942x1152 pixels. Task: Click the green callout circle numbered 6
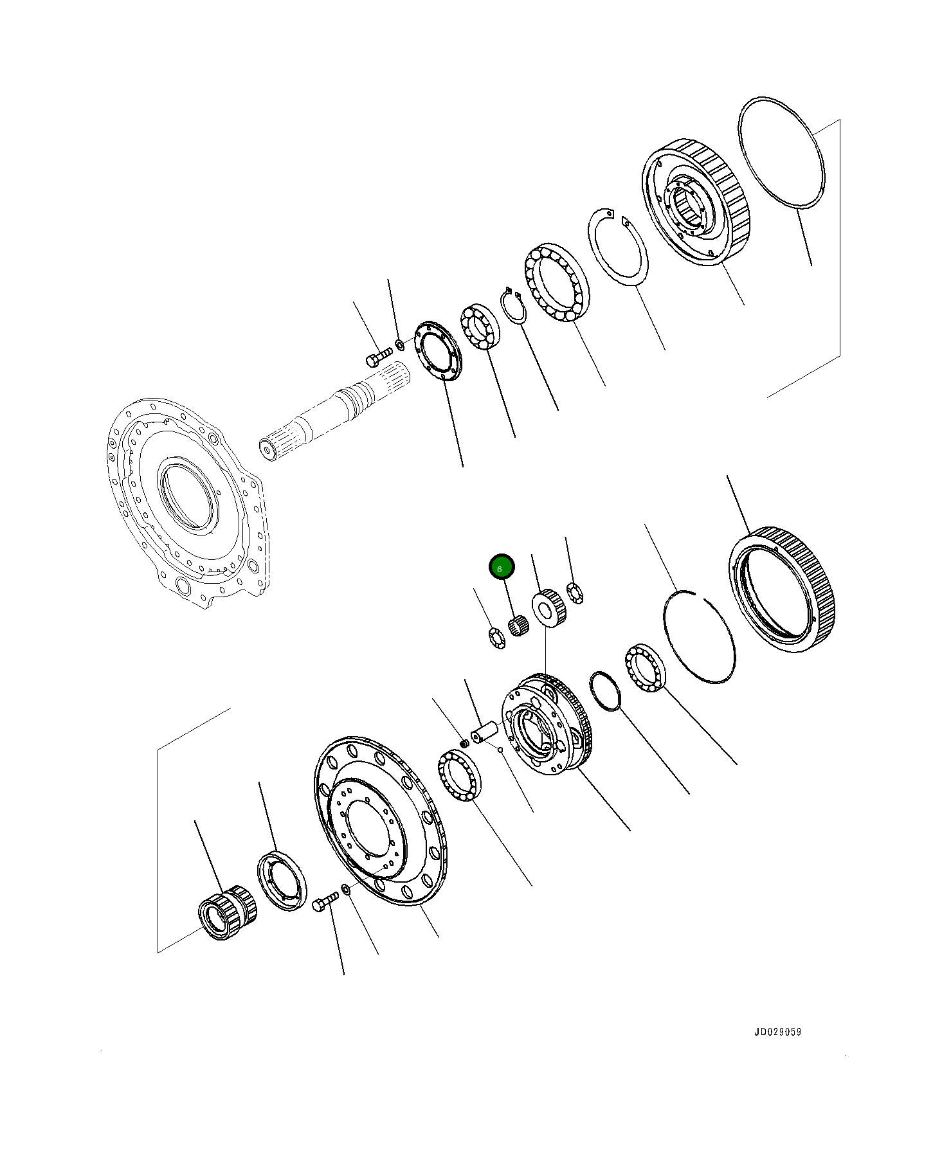(x=502, y=568)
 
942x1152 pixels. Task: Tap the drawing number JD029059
(x=777, y=1032)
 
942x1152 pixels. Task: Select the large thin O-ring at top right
(x=781, y=153)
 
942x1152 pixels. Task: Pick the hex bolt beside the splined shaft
(x=378, y=355)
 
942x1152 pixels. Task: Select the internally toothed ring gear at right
(x=782, y=588)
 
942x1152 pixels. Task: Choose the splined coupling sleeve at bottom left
(x=227, y=912)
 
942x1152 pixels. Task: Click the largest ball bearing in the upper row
(x=557, y=283)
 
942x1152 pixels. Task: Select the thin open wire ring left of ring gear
(x=699, y=636)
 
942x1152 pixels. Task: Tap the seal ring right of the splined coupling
(x=282, y=879)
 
